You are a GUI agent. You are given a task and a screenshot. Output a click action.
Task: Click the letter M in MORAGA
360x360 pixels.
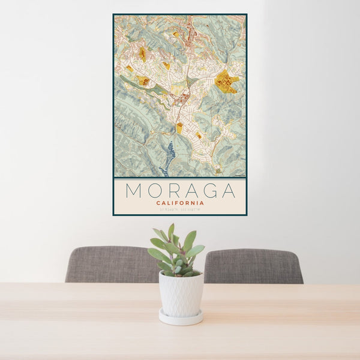(133, 191)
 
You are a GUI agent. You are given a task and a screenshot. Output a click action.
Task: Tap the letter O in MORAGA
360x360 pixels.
(155, 191)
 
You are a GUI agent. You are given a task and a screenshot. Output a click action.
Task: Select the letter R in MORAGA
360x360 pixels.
(174, 191)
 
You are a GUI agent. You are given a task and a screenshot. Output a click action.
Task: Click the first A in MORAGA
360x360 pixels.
(192, 191)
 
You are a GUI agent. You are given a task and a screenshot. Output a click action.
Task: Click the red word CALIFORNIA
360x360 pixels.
(180, 203)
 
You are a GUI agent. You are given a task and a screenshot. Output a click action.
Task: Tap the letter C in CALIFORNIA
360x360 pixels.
(158, 203)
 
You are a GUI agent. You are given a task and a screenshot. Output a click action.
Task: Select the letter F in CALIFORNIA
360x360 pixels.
(178, 203)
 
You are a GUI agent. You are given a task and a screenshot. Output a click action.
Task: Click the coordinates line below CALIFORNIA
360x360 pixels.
(180, 209)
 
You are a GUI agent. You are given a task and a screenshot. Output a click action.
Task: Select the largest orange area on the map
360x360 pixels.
(226, 82)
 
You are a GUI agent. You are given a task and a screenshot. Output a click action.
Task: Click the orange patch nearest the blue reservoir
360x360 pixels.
(179, 127)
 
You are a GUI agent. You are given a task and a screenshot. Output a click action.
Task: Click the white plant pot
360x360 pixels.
(181, 294)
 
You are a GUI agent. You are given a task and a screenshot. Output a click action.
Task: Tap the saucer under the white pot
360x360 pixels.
(181, 318)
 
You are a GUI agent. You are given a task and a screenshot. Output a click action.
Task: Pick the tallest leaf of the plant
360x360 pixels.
(171, 232)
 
